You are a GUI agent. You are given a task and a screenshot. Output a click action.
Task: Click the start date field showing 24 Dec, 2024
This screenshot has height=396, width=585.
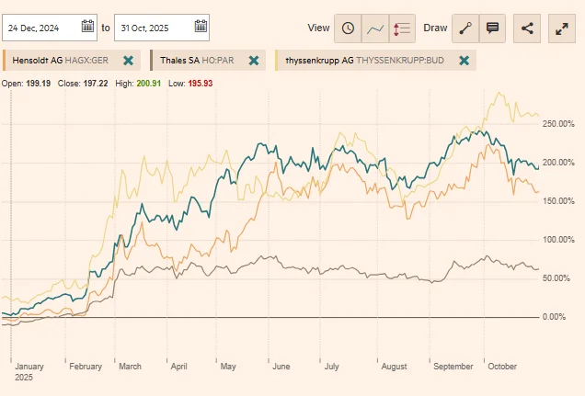click(x=41, y=27)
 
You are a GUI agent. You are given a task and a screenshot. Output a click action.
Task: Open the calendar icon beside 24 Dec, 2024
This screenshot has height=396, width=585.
click(x=87, y=27)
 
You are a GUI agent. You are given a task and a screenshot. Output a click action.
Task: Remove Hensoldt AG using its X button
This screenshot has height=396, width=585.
click(x=128, y=61)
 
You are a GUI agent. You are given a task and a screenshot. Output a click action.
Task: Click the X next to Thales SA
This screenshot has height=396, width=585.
click(x=254, y=61)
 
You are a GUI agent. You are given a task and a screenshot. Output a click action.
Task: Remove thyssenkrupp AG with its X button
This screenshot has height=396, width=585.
click(x=465, y=61)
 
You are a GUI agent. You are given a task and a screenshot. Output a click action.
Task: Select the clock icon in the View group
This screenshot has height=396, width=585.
click(x=348, y=28)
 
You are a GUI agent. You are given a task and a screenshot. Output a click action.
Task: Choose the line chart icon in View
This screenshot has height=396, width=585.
click(x=374, y=28)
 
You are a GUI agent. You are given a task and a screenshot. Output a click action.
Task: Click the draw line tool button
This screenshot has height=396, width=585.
click(x=465, y=28)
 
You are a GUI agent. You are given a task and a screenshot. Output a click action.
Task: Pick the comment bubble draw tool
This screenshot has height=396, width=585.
click(x=492, y=28)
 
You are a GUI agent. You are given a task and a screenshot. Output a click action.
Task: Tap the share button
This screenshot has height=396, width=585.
click(x=527, y=28)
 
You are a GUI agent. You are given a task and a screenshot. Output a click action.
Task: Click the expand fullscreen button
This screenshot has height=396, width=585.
click(x=562, y=28)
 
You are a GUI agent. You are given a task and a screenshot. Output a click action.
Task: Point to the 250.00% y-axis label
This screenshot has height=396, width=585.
click(x=559, y=123)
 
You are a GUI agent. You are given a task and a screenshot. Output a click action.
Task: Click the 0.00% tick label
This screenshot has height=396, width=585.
click(x=554, y=317)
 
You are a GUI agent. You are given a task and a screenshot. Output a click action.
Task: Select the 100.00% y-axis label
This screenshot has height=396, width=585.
click(x=559, y=240)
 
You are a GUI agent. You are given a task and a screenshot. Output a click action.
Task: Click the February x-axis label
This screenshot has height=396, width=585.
click(x=86, y=367)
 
